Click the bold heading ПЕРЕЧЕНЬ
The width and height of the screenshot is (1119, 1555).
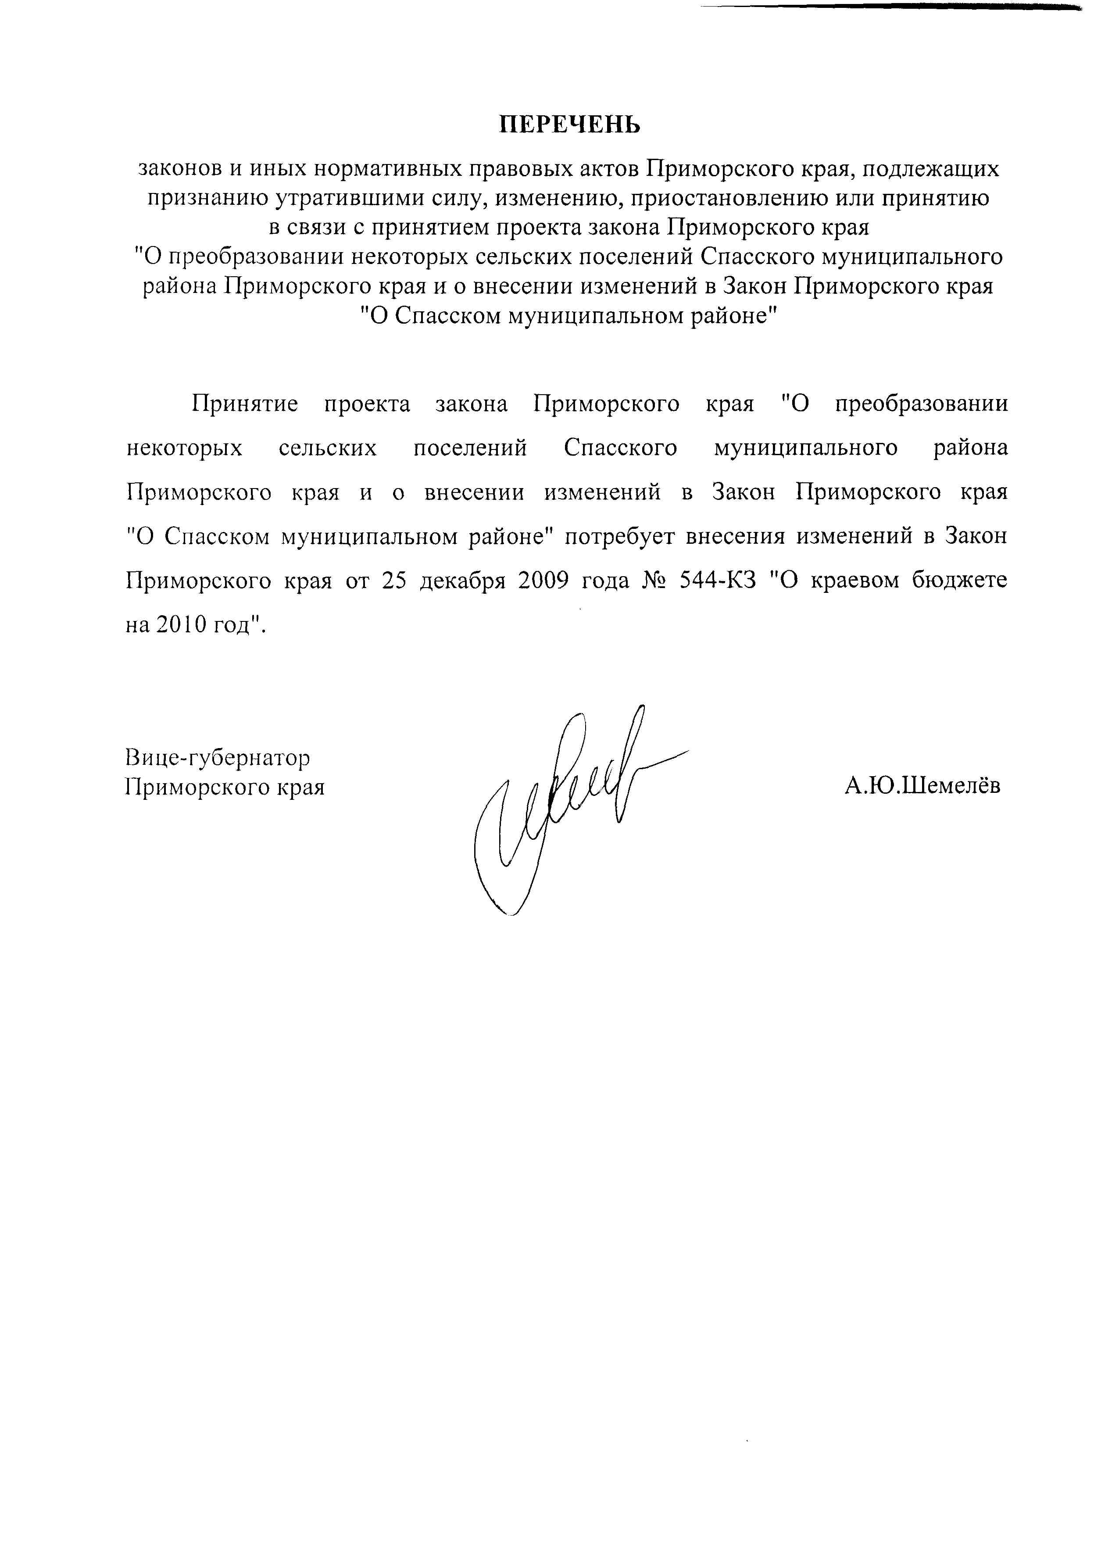568,124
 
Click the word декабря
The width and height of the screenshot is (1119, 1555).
462,581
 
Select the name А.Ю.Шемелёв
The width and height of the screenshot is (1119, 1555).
922,786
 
